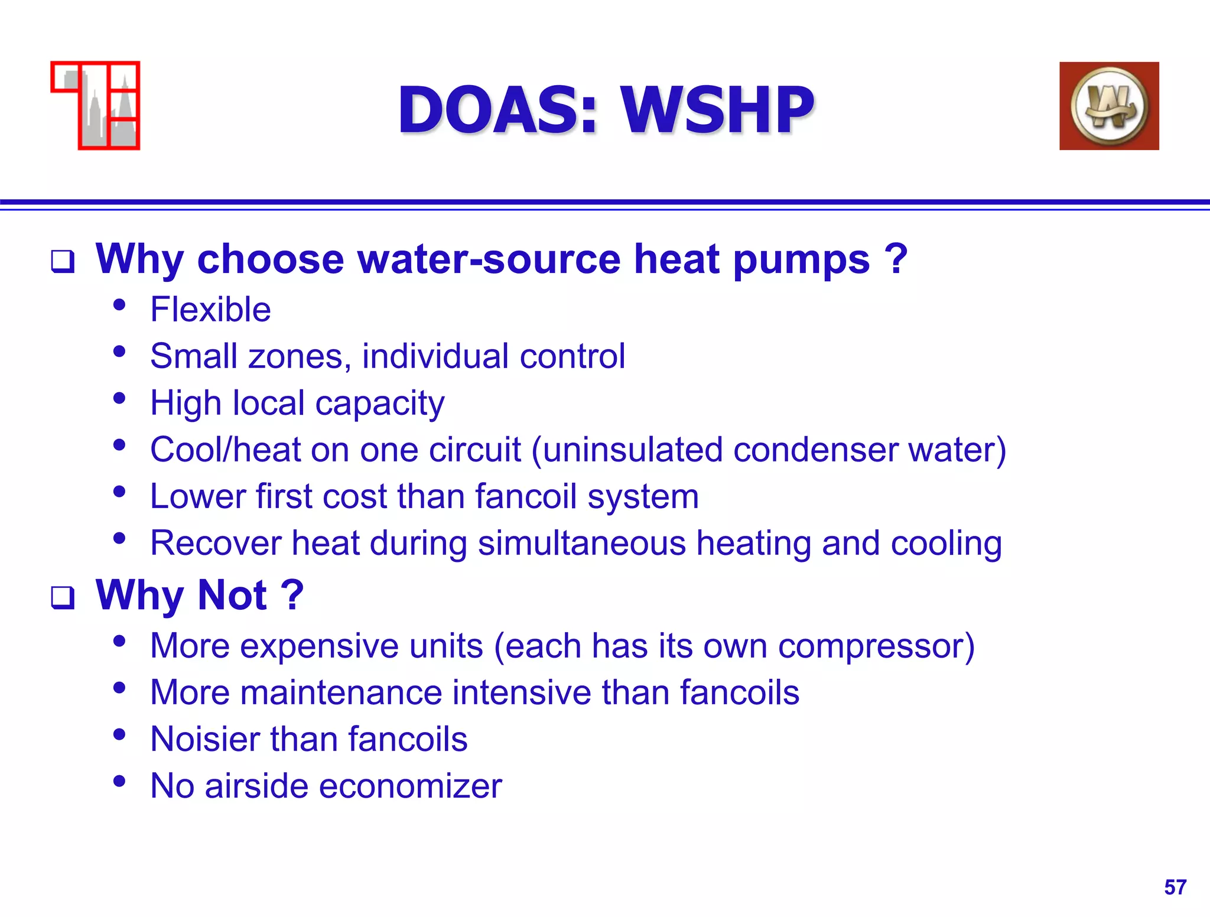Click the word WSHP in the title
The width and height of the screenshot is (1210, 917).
[x=717, y=110]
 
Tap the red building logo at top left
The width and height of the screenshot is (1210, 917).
[x=96, y=106]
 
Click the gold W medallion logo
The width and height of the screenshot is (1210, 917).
[x=1109, y=106]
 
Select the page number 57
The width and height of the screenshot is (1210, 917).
[x=1175, y=887]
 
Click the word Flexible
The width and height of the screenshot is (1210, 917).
[x=210, y=310]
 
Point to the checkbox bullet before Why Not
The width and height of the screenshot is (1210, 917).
[x=63, y=597]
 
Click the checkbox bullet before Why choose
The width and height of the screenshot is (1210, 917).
[x=63, y=261]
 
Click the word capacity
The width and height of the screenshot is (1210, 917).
[x=380, y=404]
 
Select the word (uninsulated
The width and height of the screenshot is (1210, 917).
[x=627, y=450]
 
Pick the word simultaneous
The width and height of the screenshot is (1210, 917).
[x=581, y=543]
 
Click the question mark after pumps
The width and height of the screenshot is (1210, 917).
[x=896, y=259]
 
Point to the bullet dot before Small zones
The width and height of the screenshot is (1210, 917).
[x=119, y=352]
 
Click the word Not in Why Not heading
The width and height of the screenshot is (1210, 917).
[x=232, y=595]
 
